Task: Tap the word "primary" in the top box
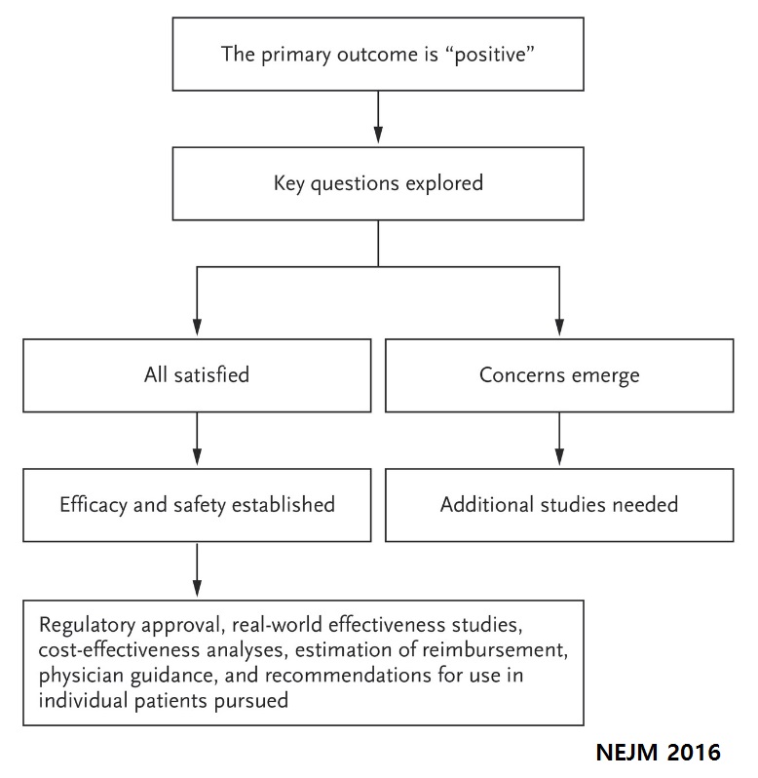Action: pos(295,55)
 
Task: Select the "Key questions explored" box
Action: pos(378,183)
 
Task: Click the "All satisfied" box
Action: pos(197,375)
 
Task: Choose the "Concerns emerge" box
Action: pos(559,375)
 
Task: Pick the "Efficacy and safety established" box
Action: pos(197,505)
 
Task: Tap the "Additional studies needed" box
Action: pos(559,505)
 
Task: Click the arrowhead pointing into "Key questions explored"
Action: pos(378,135)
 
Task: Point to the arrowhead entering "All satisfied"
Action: pos(197,327)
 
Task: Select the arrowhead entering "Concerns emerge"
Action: pos(559,327)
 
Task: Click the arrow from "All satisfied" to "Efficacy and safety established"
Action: pos(197,439)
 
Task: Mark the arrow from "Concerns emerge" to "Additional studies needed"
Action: pos(559,439)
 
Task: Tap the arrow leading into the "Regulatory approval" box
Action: pos(197,570)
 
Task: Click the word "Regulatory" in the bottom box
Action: pos(87,626)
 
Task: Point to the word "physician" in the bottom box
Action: pos(81,677)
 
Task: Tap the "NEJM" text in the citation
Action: pos(626,753)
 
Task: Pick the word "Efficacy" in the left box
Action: pos(94,506)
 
